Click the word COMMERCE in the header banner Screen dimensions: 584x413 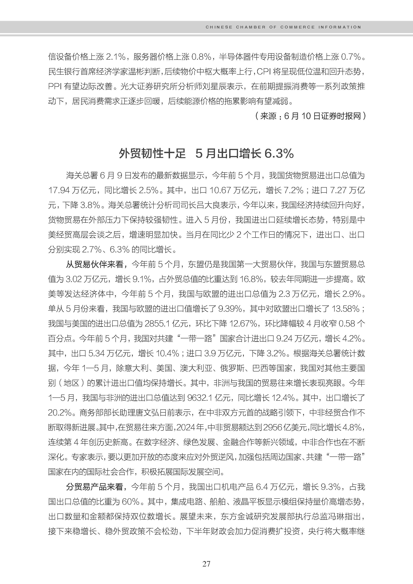[x=297, y=27]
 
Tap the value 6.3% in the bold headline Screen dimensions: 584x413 [x=279, y=154]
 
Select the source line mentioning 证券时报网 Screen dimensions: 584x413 [x=310, y=116]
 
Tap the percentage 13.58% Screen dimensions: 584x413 [x=346, y=309]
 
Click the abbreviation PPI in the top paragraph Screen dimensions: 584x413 [x=55, y=87]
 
